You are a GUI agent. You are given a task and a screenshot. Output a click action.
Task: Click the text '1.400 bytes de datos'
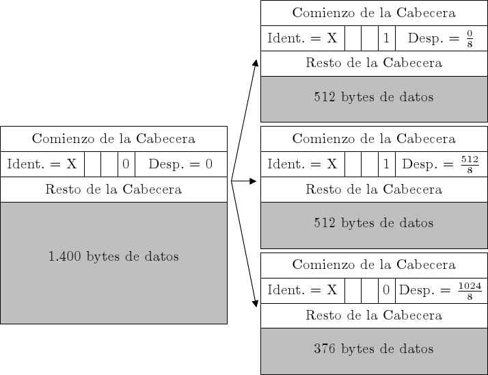113,257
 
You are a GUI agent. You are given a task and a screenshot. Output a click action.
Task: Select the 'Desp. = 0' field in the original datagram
180,164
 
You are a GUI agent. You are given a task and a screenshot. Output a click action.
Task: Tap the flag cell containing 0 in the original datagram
126,164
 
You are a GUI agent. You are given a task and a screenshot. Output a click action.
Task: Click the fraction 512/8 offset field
441,164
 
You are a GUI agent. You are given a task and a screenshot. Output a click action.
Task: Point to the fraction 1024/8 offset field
441,290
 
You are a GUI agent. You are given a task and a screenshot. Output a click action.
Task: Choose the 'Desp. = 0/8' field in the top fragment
441,38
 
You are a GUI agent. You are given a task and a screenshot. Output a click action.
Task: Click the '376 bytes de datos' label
373,349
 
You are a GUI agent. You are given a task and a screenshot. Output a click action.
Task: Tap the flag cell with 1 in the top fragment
386,38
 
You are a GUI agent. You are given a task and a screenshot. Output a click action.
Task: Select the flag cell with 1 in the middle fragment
386,164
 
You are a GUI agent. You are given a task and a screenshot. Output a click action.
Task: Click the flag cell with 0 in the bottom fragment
386,290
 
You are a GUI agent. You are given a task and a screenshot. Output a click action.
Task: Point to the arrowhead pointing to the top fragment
256,63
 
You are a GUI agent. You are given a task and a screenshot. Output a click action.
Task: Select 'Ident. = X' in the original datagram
42,164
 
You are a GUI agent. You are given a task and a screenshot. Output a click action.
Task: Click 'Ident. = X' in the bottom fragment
302,290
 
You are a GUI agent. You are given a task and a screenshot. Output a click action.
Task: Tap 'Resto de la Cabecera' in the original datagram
113,190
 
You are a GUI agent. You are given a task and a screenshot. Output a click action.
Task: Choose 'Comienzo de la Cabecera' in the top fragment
373,13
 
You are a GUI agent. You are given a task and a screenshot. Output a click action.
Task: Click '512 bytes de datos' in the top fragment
373,97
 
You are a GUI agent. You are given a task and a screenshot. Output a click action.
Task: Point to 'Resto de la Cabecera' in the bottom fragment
373,315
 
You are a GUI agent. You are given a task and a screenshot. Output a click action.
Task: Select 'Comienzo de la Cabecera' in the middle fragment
373,139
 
